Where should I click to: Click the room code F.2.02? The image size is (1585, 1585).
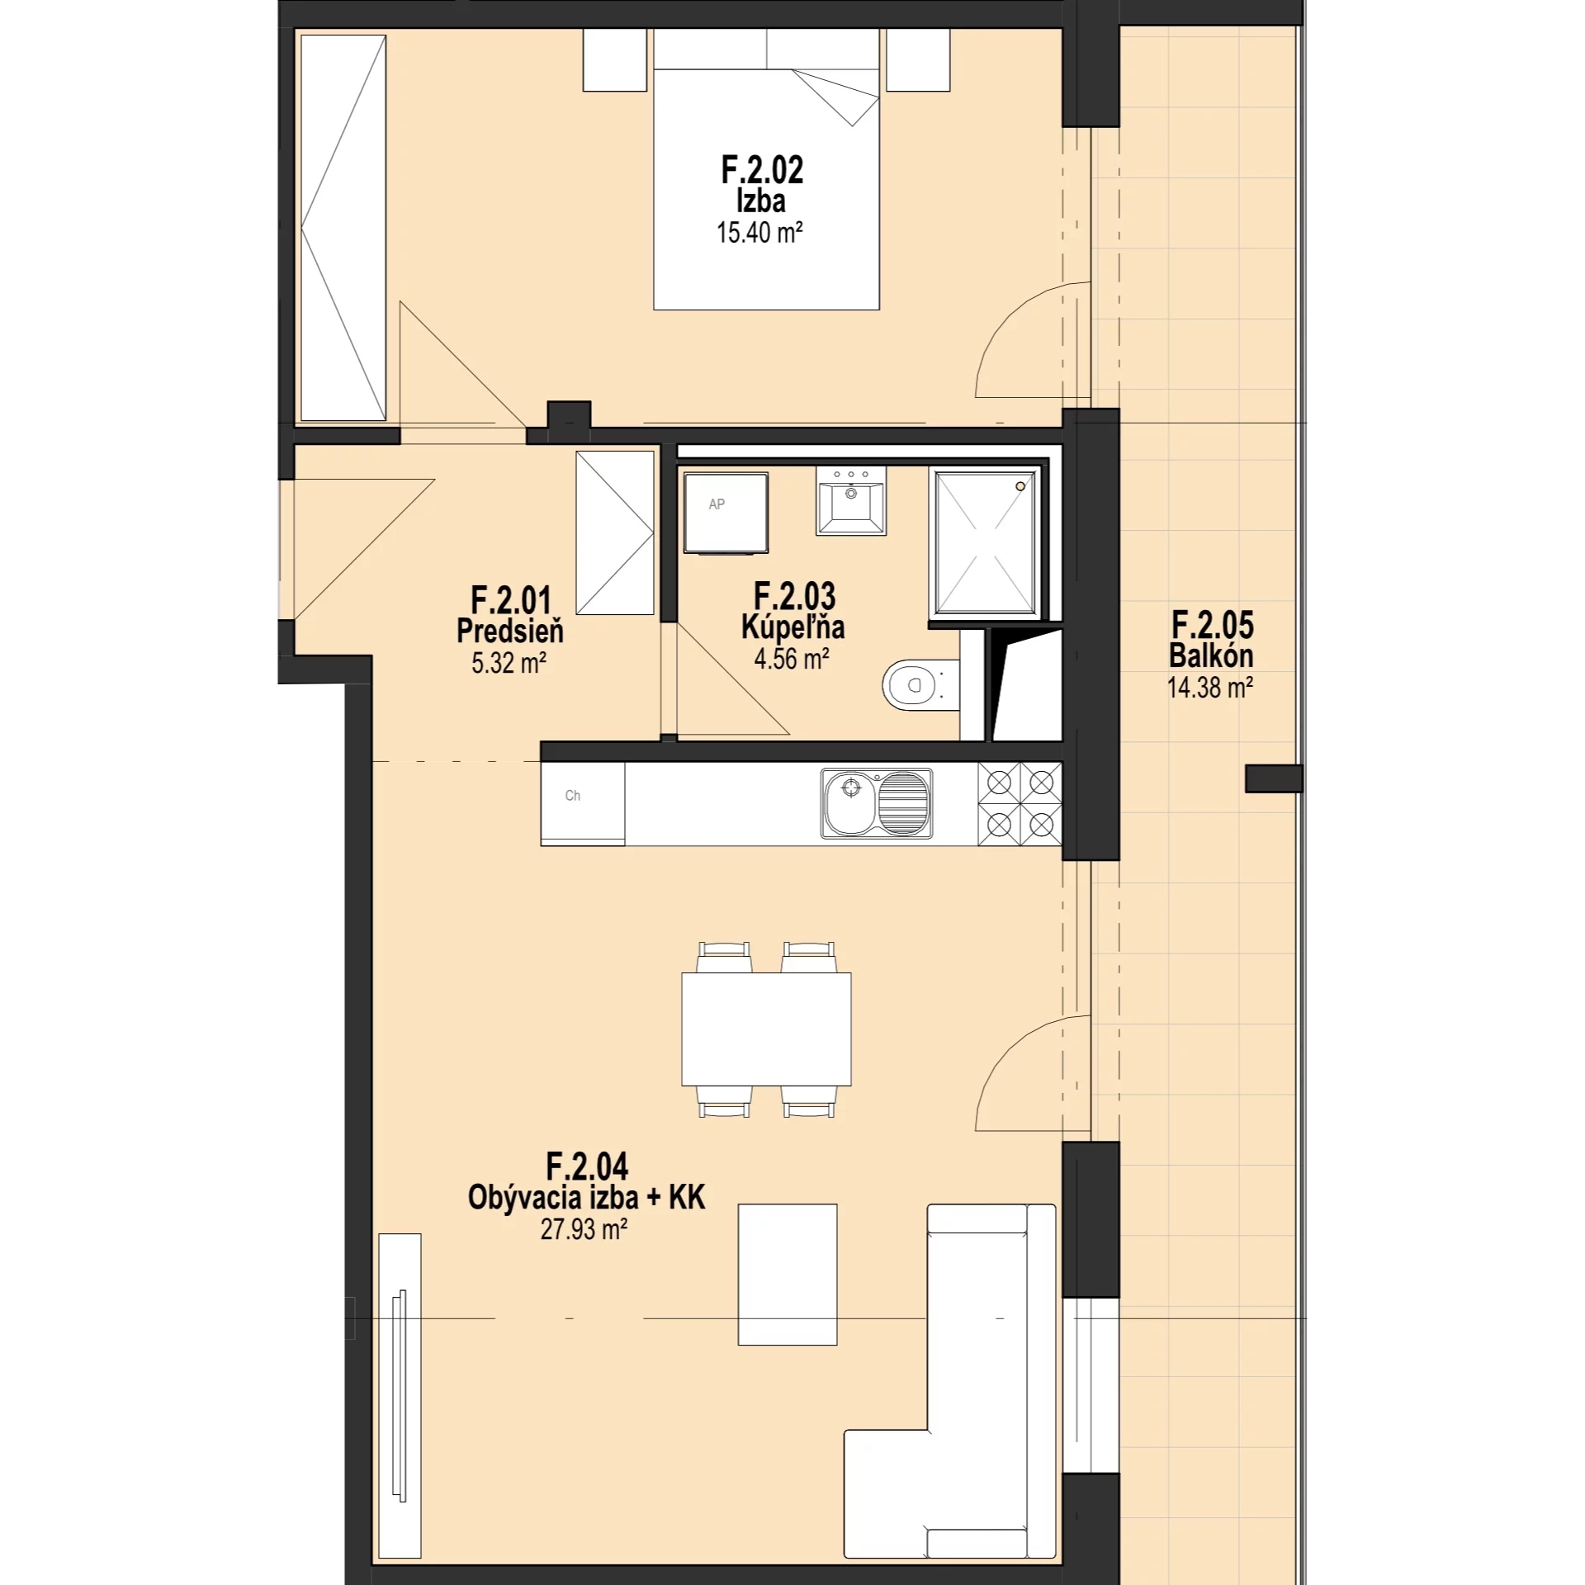click(761, 170)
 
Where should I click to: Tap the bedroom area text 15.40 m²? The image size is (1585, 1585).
click(759, 233)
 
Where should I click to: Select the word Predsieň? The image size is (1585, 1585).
click(510, 632)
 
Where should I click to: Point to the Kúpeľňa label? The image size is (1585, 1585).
click(792, 628)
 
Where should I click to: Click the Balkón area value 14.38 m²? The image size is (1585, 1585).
click(1210, 687)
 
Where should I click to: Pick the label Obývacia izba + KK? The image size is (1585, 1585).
click(586, 1198)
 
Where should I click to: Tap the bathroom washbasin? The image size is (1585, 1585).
click(850, 500)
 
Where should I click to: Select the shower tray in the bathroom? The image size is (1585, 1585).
click(984, 542)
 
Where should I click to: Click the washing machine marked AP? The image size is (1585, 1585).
click(726, 513)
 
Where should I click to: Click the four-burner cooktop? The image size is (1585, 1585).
click(1020, 803)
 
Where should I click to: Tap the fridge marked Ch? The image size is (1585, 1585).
click(583, 803)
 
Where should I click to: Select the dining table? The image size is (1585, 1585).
click(766, 1029)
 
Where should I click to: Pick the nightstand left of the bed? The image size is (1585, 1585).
click(615, 60)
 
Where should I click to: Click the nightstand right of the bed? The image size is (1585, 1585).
click(918, 60)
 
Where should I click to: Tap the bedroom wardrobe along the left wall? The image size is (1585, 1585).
click(343, 228)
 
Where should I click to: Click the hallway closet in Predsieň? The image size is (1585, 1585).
click(615, 532)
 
